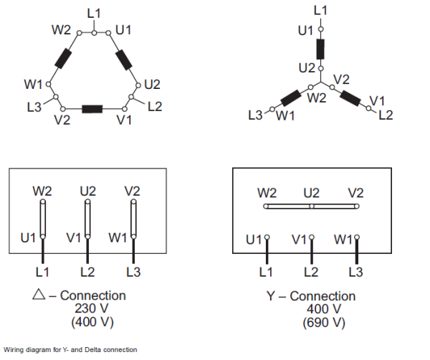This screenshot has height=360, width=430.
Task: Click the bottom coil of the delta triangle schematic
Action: (92, 109)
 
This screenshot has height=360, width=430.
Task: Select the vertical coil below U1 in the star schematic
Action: (320, 49)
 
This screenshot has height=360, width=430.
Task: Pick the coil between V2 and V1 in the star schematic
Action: (350, 98)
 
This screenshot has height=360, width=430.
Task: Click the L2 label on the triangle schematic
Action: (155, 107)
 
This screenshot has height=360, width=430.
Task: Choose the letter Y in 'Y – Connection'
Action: (274, 295)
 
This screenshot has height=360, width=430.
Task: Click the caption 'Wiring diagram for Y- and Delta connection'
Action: (70, 350)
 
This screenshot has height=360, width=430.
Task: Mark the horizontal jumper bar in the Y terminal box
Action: (311, 207)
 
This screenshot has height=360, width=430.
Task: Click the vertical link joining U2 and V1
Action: (88, 219)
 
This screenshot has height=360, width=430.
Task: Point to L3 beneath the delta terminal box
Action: (133, 272)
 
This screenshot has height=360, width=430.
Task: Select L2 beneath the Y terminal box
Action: (311, 272)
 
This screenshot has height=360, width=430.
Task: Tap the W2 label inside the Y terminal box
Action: (267, 193)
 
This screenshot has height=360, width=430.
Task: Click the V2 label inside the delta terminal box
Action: (132, 192)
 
